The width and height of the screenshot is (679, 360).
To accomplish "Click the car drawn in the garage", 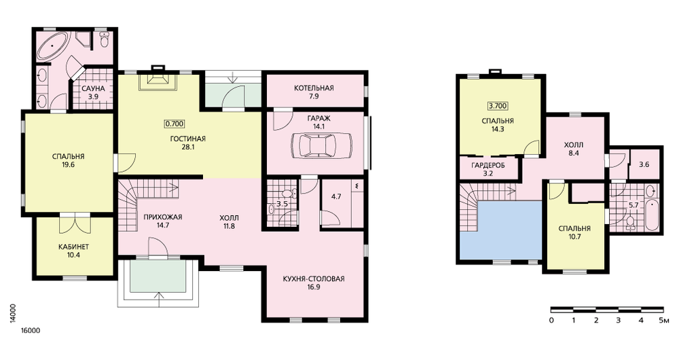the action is point(321,145).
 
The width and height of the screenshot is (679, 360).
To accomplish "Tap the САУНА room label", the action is point(94,89).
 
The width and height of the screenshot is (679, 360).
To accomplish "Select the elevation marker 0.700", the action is point(175,124).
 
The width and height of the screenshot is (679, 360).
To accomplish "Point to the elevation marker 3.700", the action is point(498,105).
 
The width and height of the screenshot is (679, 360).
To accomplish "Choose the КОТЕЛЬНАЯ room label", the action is point(314,88).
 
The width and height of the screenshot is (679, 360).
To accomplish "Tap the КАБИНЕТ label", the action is point(73,247).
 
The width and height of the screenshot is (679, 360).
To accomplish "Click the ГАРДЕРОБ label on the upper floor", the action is point(488,166).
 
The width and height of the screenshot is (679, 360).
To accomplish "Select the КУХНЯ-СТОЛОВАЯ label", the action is point(314,278).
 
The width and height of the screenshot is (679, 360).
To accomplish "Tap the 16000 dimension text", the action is point(31,331).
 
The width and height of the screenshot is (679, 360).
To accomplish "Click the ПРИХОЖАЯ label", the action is point(163,217).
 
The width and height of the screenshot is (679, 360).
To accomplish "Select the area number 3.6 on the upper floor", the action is point(644,164).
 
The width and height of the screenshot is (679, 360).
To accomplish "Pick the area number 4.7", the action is point(336,196).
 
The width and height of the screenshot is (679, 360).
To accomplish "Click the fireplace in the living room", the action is point(158,79).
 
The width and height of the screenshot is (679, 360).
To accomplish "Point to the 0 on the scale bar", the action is point(551,321).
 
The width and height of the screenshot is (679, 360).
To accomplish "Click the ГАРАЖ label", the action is point(319,118).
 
